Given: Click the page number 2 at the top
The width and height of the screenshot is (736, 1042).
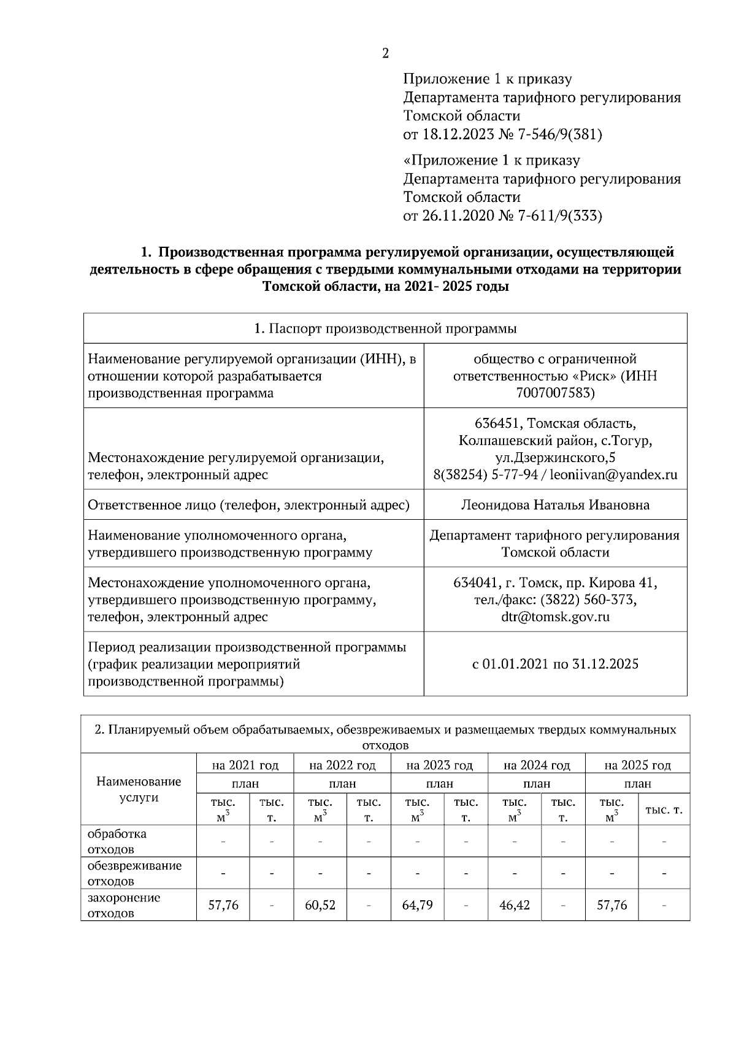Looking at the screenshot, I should (385, 53).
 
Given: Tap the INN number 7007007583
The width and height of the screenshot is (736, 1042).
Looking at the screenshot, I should (555, 393).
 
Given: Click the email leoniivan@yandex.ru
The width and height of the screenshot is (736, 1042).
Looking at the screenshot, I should (613, 474).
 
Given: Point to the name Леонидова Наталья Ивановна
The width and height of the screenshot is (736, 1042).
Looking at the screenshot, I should (555, 505).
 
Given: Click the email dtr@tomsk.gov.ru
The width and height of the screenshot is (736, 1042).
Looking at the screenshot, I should (555, 617).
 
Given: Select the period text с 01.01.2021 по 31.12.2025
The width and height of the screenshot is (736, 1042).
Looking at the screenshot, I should (555, 663).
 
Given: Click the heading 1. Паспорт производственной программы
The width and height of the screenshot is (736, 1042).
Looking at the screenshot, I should (385, 328).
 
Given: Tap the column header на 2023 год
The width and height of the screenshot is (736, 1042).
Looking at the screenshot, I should (439, 765).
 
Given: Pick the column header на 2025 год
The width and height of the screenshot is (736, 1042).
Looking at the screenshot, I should (637, 765).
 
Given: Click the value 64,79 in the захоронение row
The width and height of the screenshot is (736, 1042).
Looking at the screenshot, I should (417, 905).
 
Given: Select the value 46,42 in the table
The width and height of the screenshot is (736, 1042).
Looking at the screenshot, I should (514, 905).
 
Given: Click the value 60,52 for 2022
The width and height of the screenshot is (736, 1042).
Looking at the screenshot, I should (320, 905).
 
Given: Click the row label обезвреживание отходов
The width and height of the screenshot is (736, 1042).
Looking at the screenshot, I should (134, 873).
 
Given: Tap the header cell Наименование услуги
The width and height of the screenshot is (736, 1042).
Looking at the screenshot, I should (139, 789).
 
